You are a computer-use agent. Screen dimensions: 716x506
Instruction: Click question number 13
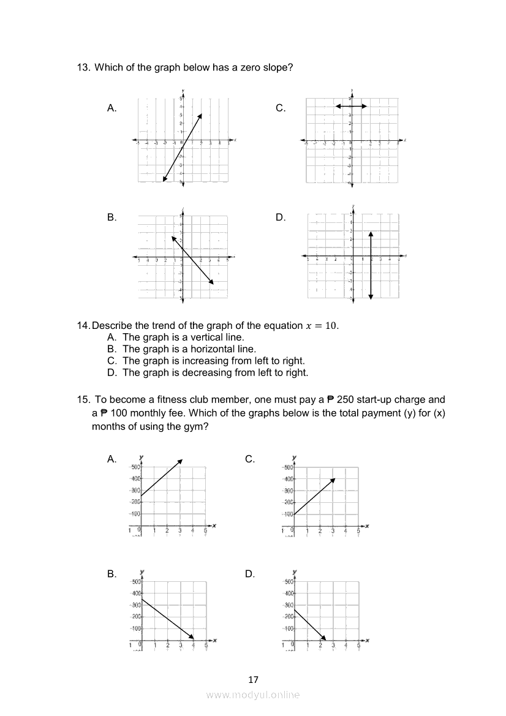83,67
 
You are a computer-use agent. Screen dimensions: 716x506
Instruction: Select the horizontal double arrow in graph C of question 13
351,106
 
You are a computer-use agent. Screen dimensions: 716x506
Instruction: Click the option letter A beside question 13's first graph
111,108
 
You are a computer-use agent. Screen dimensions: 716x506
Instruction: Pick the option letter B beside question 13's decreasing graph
111,217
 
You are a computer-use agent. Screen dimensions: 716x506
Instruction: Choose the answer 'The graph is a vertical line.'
183,337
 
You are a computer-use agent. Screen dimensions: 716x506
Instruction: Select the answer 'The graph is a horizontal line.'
189,349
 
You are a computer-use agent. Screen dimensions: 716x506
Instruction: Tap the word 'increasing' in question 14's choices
205,361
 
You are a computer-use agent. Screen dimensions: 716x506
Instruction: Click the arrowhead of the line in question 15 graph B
192,636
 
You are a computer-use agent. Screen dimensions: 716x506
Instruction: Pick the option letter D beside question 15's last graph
250,574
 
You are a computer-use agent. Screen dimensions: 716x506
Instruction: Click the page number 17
254,679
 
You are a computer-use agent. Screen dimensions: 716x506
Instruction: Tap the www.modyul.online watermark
253,695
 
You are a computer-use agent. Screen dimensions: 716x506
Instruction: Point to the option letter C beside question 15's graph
250,459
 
